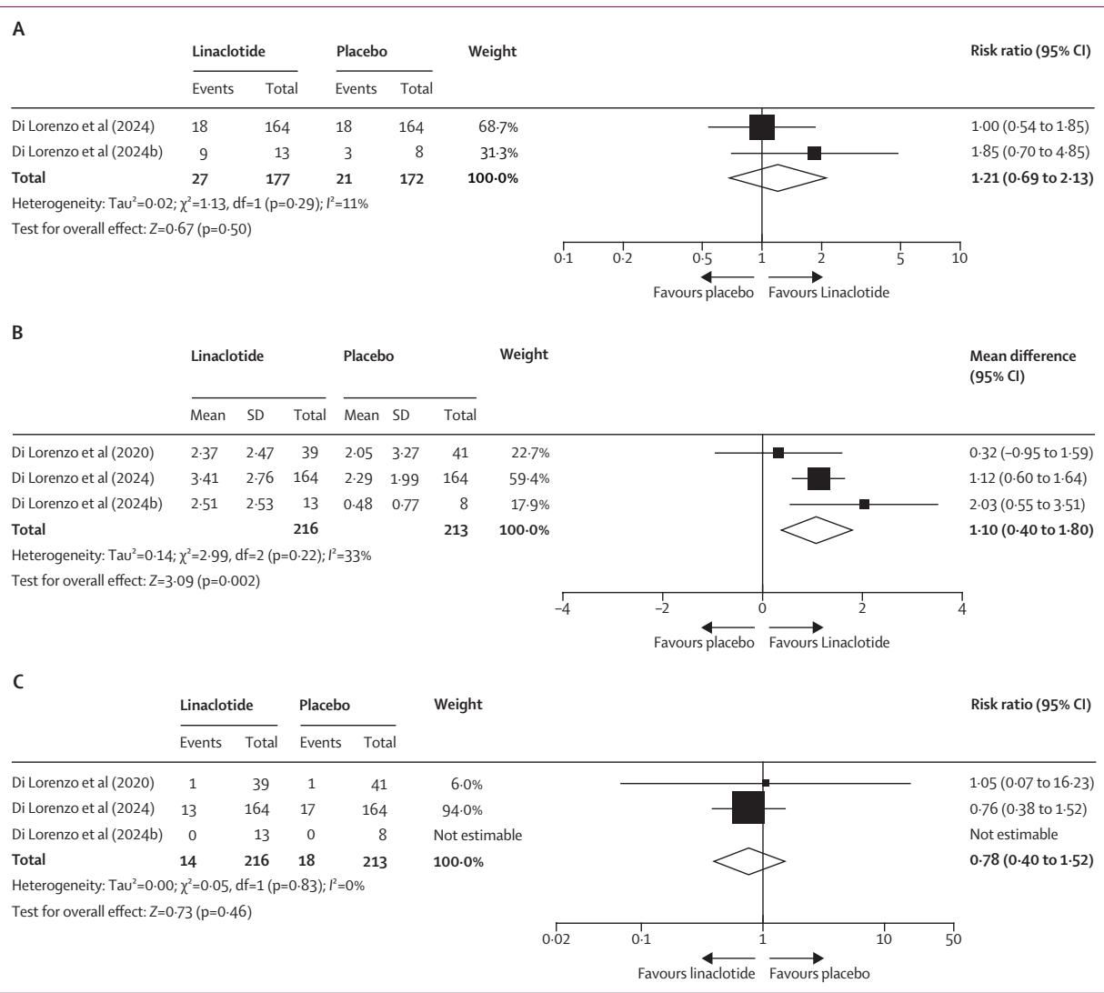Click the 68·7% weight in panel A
tap(498, 128)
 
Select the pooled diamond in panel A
tap(778, 177)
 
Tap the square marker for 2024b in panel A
tap(814, 153)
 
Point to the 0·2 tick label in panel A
tap(623, 257)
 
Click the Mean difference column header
tap(1022, 356)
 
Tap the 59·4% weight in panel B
tap(531, 478)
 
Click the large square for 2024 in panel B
tap(818, 478)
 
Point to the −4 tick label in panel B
tap(561, 608)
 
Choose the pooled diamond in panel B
tap(816, 528)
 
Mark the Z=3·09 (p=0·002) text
tap(206, 581)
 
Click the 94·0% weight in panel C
tap(450, 809)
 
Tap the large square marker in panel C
tap(748, 807)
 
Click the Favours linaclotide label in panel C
tap(696, 973)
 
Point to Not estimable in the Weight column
tap(477, 834)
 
